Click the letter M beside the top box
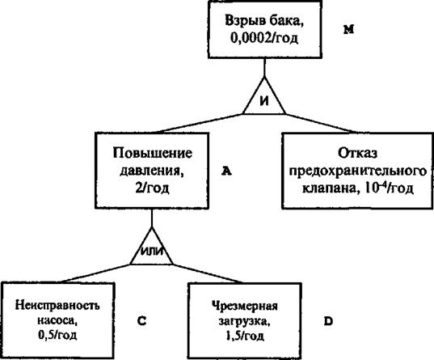pos(349,29)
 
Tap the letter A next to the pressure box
pos(226,172)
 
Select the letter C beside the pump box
pos(141,321)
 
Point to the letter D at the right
pos(328,321)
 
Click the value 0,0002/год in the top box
pos(264,39)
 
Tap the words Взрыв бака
pos(264,22)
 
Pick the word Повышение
pos(152,153)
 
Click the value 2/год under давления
pos(152,188)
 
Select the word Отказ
pos(357,153)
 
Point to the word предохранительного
pos(357,171)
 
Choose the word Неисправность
pos(57,305)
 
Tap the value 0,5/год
pos(57,335)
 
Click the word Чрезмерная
pos(245,306)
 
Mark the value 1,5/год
pos(245,336)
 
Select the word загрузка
pos(244,321)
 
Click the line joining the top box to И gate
pos(264,68)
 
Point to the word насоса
pos(57,320)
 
